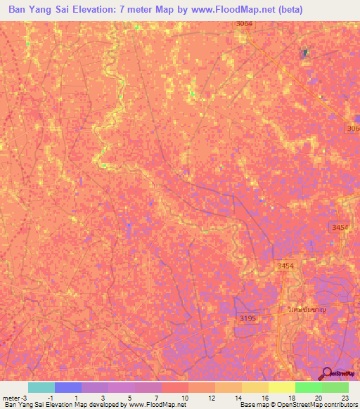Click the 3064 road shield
click(244, 24)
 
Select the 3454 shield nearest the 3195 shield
click(285, 265)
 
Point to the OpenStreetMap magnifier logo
click(328, 374)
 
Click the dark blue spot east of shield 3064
click(305, 53)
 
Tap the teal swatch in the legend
click(41, 387)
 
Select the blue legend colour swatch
click(67, 387)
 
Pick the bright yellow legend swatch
click(281, 387)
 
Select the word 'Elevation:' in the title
click(105, 10)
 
